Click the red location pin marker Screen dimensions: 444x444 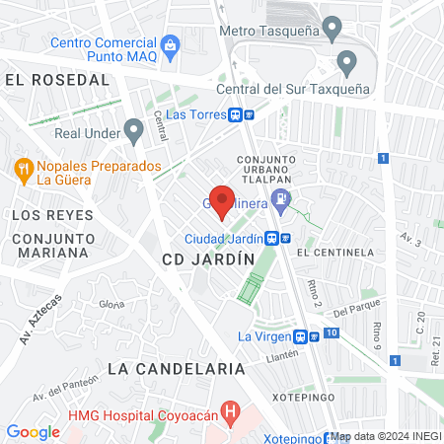pos(223,201)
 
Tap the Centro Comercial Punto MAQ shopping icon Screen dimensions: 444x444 pos(171,44)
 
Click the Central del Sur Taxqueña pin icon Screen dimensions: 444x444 pos(346,64)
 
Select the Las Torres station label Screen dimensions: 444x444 pos(196,113)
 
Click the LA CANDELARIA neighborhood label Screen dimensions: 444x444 pos(176,368)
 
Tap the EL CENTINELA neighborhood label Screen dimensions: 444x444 pos(334,253)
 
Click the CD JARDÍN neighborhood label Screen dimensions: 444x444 pos(207,259)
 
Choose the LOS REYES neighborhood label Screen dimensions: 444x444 pos(51,214)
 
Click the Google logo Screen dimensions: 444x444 pos(33,431)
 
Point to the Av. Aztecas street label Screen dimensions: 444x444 pos(40,319)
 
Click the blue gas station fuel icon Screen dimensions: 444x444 pos(282,200)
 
